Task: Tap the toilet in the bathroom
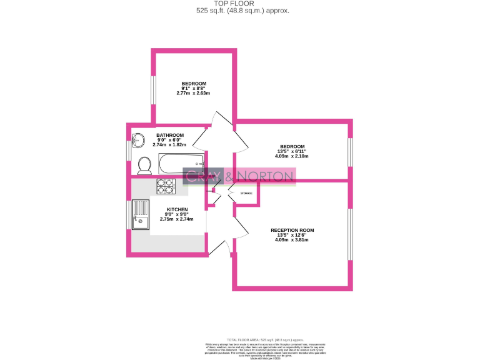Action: click(144, 165)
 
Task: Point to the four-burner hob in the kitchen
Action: click(165, 184)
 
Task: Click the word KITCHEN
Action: click(177, 209)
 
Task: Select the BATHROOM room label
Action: click(170, 135)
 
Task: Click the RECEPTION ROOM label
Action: click(292, 230)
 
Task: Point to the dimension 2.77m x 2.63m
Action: click(194, 94)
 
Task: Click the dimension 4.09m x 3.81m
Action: click(292, 240)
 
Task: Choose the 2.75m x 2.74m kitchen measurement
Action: click(177, 219)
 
